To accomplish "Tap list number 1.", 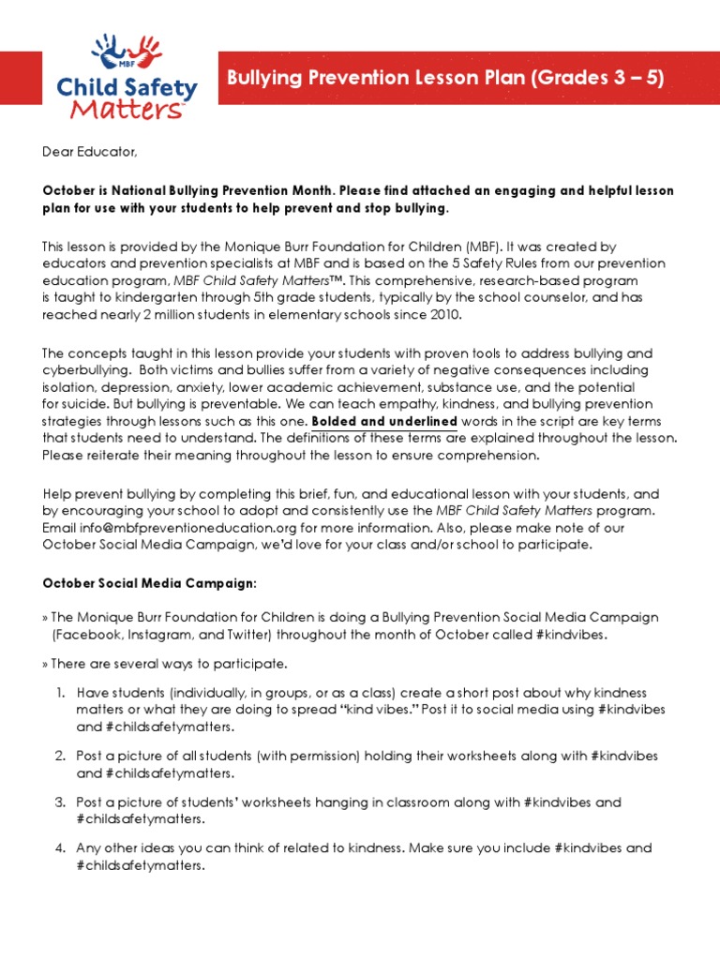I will (60, 693).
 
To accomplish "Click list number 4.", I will (60, 848).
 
